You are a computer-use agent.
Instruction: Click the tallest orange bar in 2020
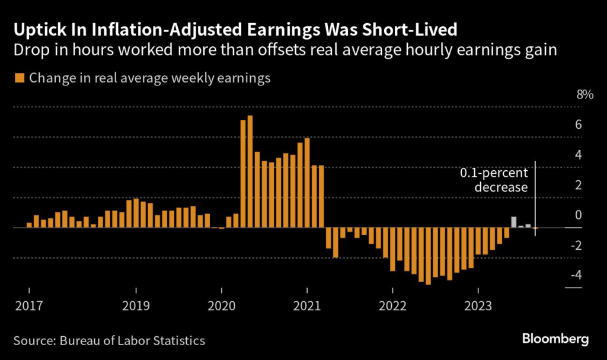coord(250,171)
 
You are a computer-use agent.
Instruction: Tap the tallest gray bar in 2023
coord(514,222)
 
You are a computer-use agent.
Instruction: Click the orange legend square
coord(19,78)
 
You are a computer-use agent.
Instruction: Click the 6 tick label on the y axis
coord(577,125)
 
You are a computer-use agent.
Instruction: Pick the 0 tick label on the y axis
coord(577,215)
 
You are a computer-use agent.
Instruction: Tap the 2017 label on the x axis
coord(30,306)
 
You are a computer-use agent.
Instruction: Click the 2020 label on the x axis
coord(222,306)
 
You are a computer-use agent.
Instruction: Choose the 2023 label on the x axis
coord(478,306)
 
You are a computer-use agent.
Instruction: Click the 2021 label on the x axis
coord(308,306)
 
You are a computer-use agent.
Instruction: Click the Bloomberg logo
coord(555,339)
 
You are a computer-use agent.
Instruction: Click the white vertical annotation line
coord(535,196)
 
